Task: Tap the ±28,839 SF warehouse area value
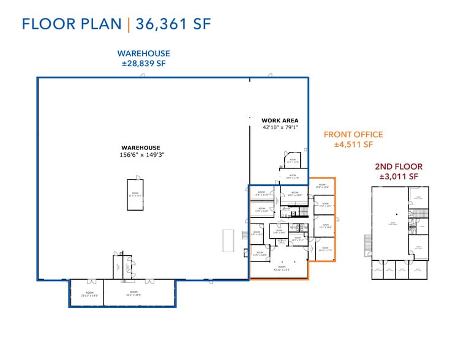pos(144,63)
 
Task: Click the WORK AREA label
pos(279,121)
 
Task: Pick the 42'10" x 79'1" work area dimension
pos(279,127)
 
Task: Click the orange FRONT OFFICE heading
pos(353,135)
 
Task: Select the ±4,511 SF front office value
pos(353,145)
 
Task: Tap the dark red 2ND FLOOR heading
pos(398,167)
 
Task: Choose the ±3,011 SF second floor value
pos(398,176)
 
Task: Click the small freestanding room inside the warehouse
pos(134,194)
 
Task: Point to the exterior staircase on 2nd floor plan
pos(367,245)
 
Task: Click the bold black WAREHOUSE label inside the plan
pos(140,148)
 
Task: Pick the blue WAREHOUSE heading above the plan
pos(144,54)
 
